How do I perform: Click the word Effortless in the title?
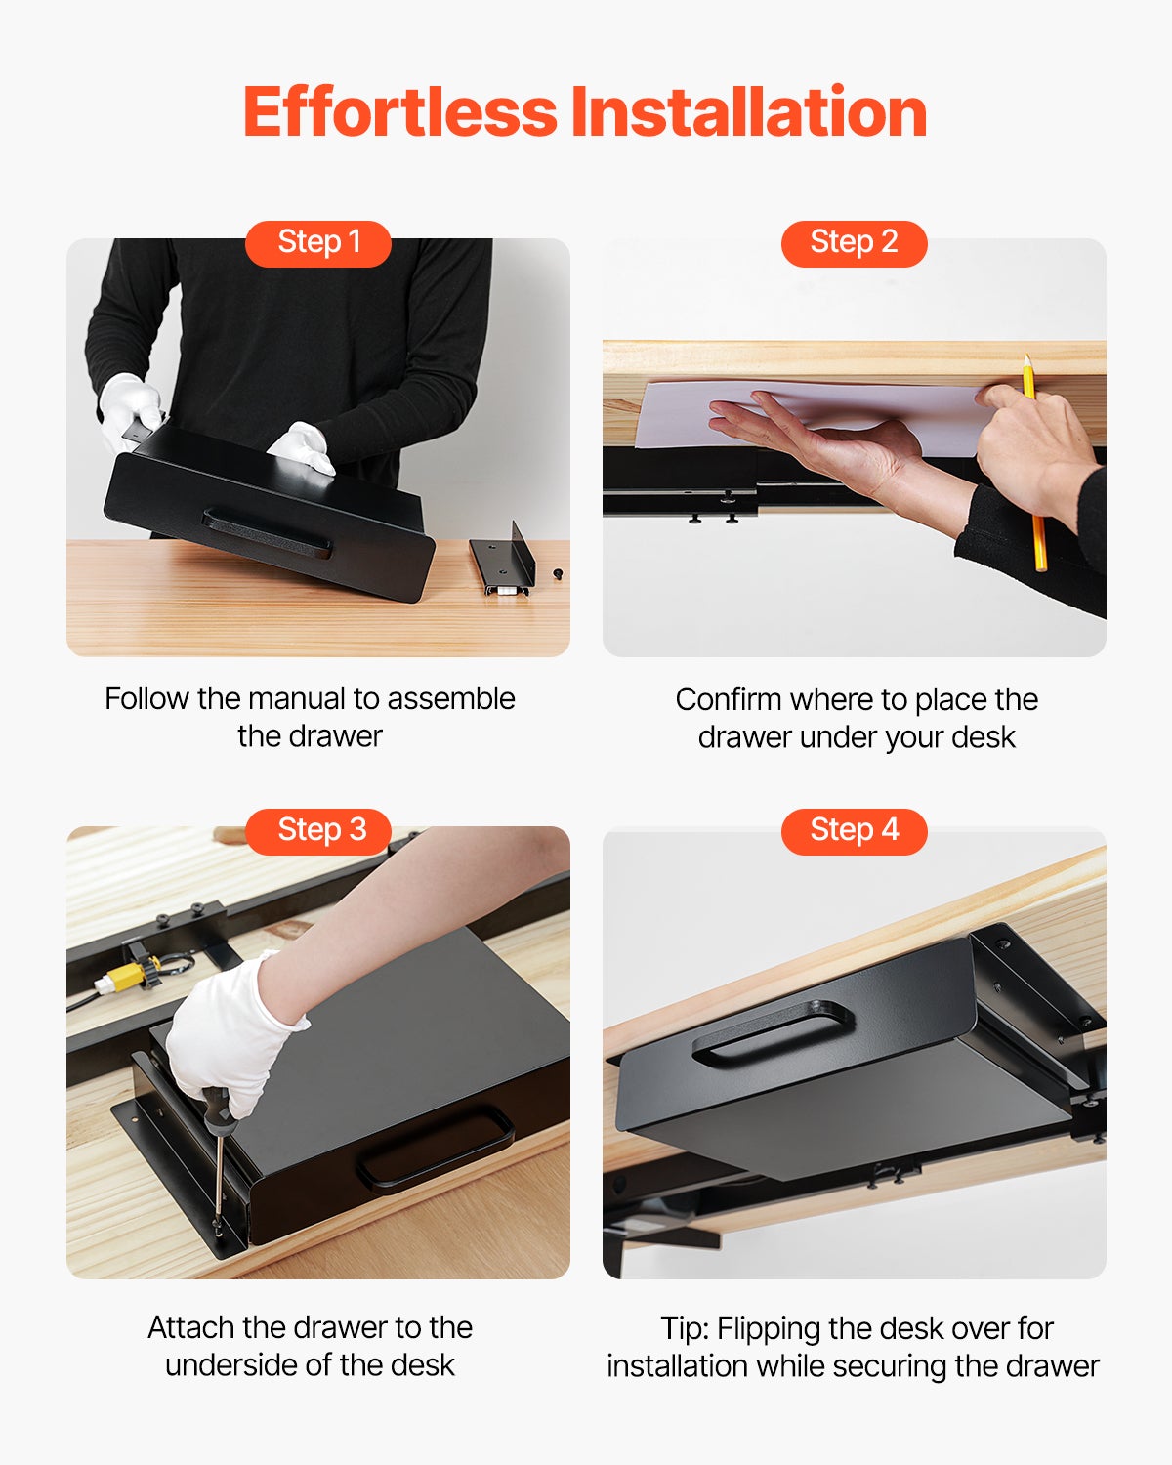[x=400, y=112]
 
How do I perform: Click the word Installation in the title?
[x=749, y=112]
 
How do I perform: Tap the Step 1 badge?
[x=318, y=242]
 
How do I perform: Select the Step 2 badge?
[x=854, y=242]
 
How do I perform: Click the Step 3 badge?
[x=318, y=830]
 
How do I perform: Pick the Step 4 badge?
[x=854, y=830]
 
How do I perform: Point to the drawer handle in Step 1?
[x=267, y=532]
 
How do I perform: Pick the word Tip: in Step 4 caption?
[x=685, y=1329]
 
